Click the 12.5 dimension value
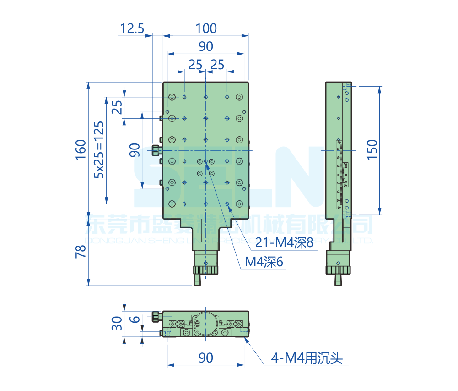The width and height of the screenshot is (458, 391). [x=132, y=29]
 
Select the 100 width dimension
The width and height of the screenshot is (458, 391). [x=206, y=28]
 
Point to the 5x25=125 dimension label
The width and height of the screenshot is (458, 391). [x=99, y=149]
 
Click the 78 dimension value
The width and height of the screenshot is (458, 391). [x=81, y=252]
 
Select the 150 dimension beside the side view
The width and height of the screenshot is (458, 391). [x=372, y=149]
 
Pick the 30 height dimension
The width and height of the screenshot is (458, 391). [x=117, y=324]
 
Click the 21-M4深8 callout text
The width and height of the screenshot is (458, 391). [x=284, y=243]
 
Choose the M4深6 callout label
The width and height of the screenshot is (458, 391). [x=264, y=262]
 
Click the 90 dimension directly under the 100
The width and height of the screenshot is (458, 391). [x=206, y=46]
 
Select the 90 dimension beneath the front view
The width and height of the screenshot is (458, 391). [x=206, y=358]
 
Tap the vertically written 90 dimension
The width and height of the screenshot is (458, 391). [x=135, y=150]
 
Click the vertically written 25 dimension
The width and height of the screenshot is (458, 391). [x=117, y=107]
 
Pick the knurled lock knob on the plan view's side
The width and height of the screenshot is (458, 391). [x=156, y=150]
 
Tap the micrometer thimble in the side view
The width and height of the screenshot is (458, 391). [x=338, y=270]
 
